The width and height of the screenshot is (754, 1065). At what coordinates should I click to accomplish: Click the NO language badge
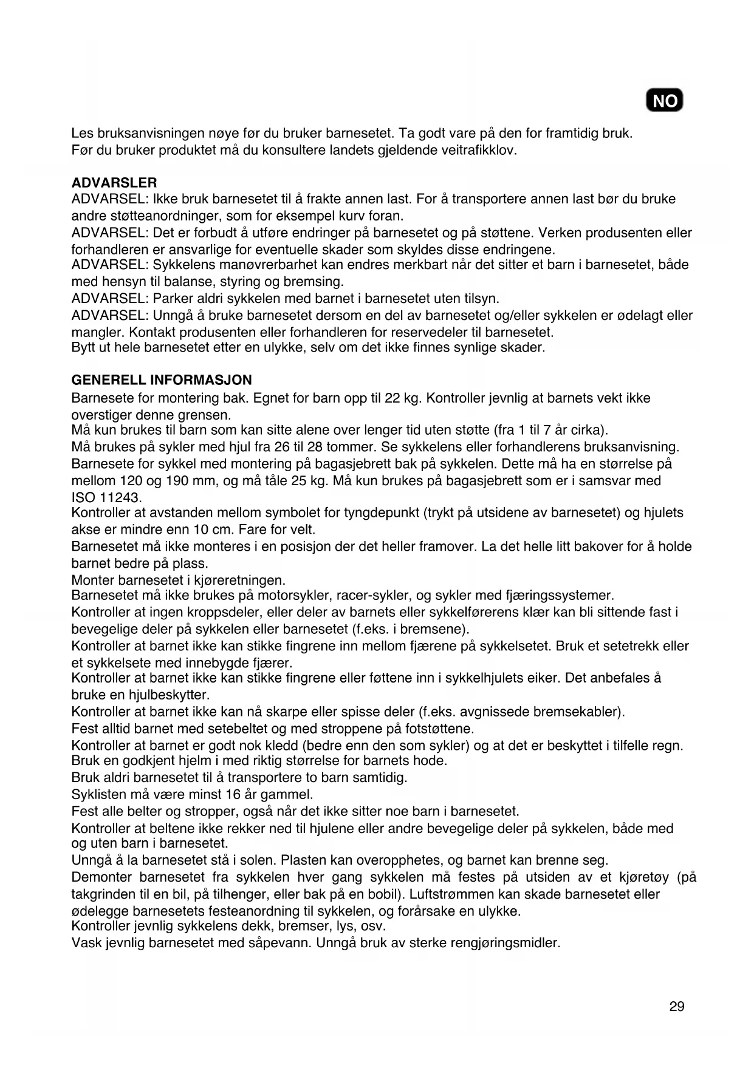point(665,101)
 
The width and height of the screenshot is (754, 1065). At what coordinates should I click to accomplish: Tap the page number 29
point(677,1007)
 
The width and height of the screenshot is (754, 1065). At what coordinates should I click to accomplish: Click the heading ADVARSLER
point(114,183)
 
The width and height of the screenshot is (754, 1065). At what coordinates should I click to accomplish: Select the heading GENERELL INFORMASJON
point(162,380)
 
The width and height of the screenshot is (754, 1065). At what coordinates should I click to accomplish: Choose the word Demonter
point(101,877)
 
